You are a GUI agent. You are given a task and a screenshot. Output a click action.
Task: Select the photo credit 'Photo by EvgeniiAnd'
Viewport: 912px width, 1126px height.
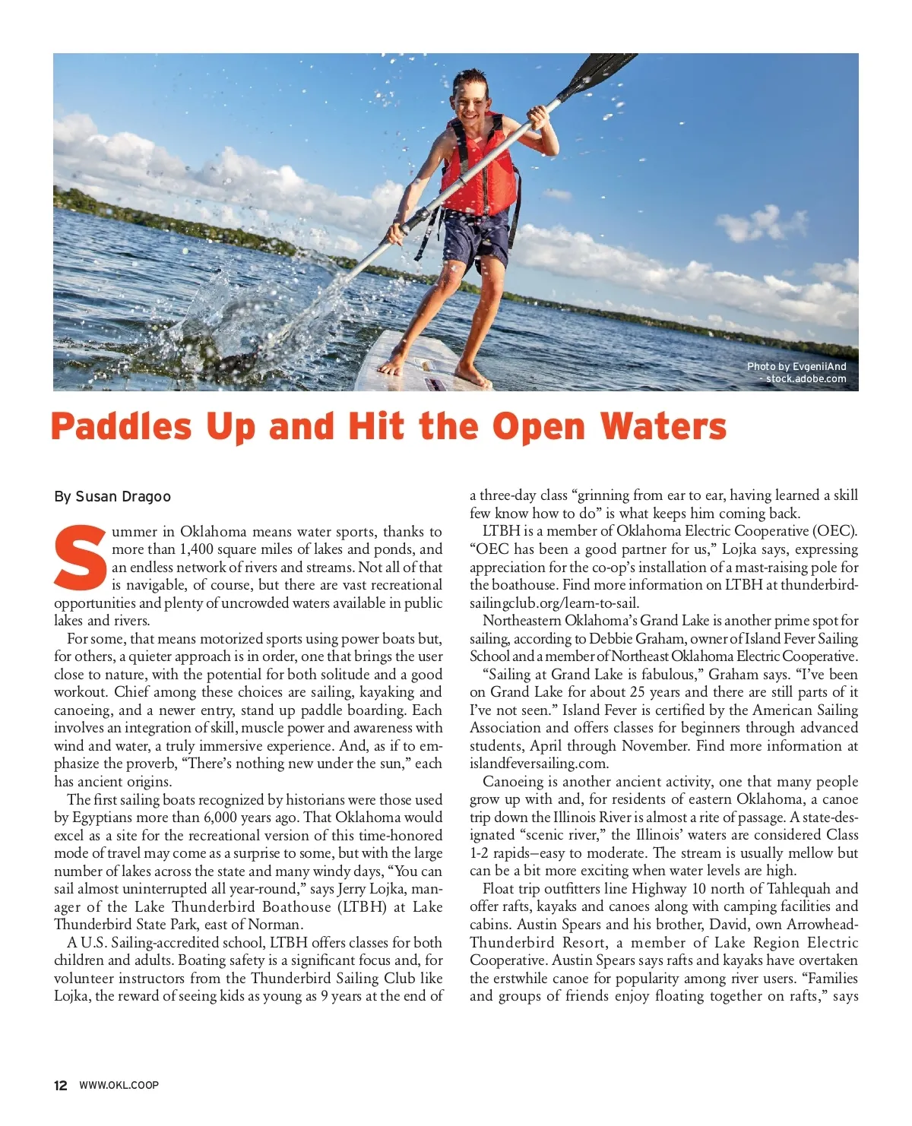click(796, 366)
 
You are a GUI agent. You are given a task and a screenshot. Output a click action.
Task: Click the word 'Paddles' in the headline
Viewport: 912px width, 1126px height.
click(121, 427)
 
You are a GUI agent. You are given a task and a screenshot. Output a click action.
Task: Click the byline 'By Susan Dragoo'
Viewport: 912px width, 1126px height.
click(112, 497)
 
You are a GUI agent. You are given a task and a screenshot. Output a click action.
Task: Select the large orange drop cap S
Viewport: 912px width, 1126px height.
click(81, 558)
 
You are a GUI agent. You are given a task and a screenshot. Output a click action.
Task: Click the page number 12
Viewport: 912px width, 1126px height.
click(61, 1085)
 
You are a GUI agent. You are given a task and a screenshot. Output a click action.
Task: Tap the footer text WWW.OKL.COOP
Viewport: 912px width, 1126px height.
click(119, 1085)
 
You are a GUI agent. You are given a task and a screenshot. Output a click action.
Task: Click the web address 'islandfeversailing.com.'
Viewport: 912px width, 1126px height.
click(539, 764)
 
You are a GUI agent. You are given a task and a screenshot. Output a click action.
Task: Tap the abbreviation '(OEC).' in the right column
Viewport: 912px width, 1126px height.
click(834, 531)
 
